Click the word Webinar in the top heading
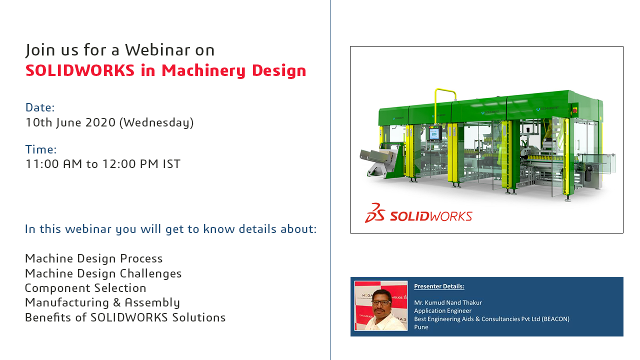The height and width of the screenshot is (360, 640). click(x=157, y=50)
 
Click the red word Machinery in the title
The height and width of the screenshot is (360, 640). click(x=203, y=71)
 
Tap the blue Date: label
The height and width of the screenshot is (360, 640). click(x=40, y=107)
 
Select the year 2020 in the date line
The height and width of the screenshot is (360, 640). click(x=100, y=122)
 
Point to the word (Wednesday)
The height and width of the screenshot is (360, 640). click(x=156, y=123)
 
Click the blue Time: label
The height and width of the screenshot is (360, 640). click(x=41, y=149)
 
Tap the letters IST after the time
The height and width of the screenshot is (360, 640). click(x=171, y=164)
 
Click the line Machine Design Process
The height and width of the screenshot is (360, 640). click(x=93, y=258)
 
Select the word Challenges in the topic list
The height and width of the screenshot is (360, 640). click(x=150, y=273)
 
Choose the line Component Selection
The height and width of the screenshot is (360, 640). click(x=85, y=288)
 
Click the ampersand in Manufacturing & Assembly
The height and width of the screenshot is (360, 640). click(x=117, y=303)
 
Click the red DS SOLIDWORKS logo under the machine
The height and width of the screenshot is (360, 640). click(x=418, y=213)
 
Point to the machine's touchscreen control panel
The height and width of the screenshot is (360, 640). click(x=434, y=133)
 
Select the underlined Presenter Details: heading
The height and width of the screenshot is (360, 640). click(x=439, y=286)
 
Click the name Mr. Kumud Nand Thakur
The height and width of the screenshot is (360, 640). click(x=447, y=302)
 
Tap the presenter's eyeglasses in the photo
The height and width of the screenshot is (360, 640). click(x=381, y=302)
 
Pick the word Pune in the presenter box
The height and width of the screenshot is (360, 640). click(x=421, y=327)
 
